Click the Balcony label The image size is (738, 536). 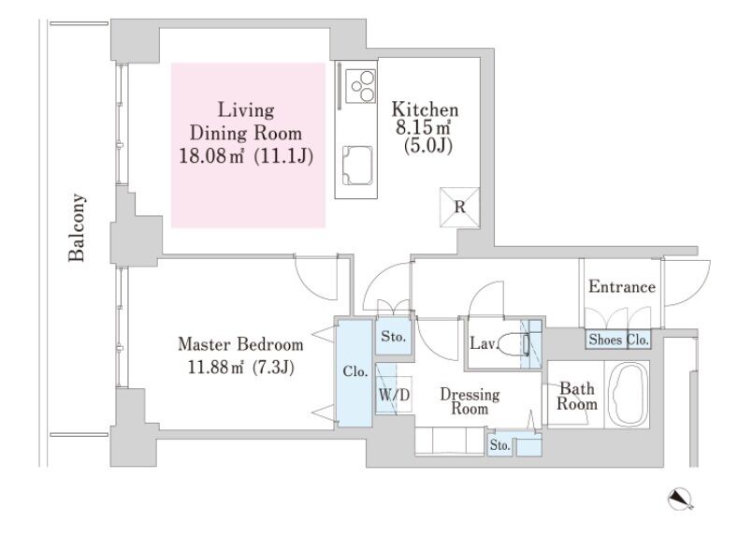(77, 227)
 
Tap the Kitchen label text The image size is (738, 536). (425, 109)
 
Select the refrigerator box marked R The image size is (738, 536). (459, 208)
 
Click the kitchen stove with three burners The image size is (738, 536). (360, 86)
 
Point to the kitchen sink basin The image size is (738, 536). (357, 166)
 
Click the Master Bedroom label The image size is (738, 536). (240, 344)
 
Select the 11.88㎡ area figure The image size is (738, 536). (215, 367)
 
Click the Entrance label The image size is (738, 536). (622, 286)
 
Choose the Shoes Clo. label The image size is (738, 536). (619, 340)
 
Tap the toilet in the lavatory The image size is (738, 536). (514, 344)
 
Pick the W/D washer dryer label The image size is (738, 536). (394, 395)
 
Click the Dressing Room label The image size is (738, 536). (470, 401)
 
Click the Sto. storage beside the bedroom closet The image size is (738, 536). (394, 337)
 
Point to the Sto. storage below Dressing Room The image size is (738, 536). (499, 444)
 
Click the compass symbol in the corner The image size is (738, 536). (680, 499)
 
